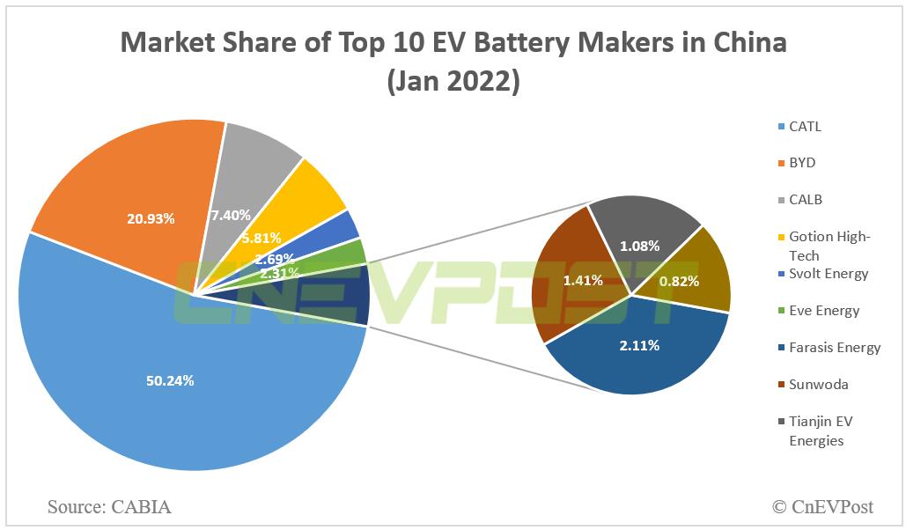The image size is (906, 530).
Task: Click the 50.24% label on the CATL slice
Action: pos(169,380)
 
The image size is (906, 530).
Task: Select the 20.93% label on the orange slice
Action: pos(150,218)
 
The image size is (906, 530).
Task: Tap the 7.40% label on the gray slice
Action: pos(230,214)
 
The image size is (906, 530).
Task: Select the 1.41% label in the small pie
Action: pos(583,281)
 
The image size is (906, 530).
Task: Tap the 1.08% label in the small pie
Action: pos(640,247)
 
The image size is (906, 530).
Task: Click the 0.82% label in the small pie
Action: pos(679,281)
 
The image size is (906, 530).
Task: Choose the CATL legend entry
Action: pos(804,126)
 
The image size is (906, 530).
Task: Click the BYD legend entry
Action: pos(802,163)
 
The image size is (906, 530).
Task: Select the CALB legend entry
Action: pos(804,200)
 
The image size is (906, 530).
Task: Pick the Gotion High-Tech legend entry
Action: pos(828,246)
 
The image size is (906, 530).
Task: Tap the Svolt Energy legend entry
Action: pos(828,273)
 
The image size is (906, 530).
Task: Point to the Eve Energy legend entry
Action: pos(823,310)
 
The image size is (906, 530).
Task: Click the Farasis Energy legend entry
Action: pos(833,347)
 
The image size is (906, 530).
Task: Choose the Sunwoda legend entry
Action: pos(818,384)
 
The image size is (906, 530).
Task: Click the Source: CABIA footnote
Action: pos(109,506)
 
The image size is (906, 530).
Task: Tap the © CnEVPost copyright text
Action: pos(822,506)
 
